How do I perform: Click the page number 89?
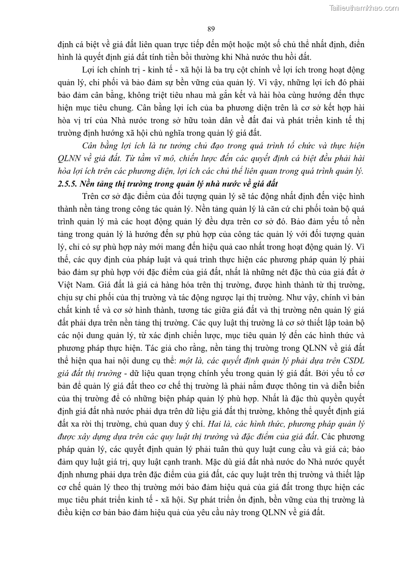pos(211,28)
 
